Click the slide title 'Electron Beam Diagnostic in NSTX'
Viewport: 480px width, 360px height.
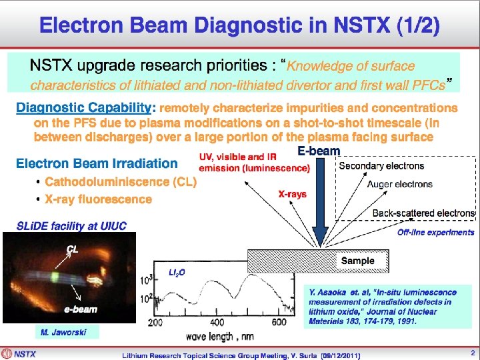pos(239,27)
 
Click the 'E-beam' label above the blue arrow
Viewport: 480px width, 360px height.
pos(319,151)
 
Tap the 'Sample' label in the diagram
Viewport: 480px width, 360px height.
pos(357,261)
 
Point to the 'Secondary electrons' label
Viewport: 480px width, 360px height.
pos(381,166)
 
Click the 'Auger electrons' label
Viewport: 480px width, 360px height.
pos(399,184)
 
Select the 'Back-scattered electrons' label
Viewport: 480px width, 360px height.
pos(423,213)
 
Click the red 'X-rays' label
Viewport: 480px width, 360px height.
pos(292,194)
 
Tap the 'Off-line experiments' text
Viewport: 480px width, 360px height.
pos(435,232)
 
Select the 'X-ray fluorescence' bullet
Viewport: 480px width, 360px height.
pos(98,199)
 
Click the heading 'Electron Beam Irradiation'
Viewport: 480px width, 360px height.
pos(97,163)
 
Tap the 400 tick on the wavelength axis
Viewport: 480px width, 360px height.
pos(217,323)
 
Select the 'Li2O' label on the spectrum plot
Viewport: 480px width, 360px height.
pos(177,272)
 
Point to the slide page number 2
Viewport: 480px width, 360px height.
pos(472,353)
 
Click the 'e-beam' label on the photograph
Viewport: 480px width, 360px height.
pos(81,309)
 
